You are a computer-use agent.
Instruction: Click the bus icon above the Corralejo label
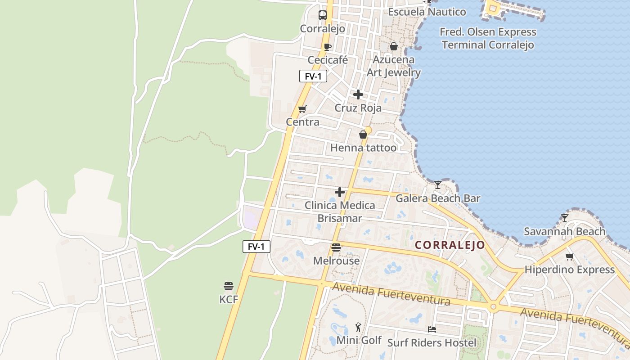point(323,15)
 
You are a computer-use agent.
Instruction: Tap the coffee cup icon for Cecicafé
point(328,46)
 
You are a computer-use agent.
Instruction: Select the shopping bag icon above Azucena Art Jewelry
point(393,46)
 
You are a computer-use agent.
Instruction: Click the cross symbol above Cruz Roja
point(358,94)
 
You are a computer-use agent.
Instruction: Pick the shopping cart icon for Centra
point(302,109)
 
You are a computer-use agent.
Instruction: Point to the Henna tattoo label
point(363,148)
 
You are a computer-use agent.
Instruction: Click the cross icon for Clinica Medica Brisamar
point(340,192)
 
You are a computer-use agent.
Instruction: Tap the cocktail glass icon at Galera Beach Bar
point(437,184)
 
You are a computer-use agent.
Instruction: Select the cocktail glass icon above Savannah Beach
point(565,218)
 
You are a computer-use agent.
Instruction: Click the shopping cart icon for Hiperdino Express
point(570,256)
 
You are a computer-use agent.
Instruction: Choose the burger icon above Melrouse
point(336,247)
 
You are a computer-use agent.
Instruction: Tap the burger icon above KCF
point(229,286)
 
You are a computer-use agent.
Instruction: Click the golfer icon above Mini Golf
point(358,327)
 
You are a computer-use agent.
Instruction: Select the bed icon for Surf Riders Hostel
point(432,329)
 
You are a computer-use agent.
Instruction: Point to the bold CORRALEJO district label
point(450,245)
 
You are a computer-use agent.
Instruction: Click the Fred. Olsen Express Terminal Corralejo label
point(488,38)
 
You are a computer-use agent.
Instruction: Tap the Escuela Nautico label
point(427,12)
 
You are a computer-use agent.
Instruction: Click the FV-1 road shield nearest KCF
point(256,246)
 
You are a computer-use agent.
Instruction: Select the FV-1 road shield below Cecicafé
point(313,76)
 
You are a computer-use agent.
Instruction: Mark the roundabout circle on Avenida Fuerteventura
point(493,307)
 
